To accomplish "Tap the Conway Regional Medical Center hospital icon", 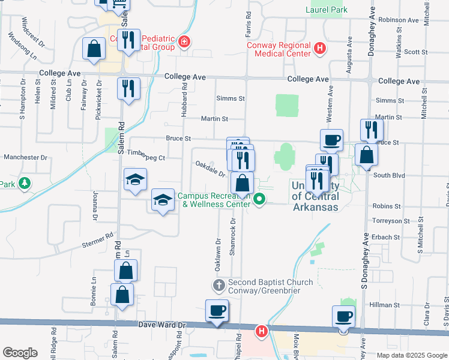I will coord(320,49).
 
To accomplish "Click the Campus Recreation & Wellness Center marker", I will coord(259,199).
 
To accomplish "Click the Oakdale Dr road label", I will coord(210,169).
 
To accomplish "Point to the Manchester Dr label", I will coord(25,157).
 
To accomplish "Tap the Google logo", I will coord(20,353).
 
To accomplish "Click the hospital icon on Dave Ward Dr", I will coord(261,331).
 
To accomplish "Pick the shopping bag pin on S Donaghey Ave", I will coord(366,155).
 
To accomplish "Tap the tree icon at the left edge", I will coord(25,182).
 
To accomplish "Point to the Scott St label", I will coord(415,52).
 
